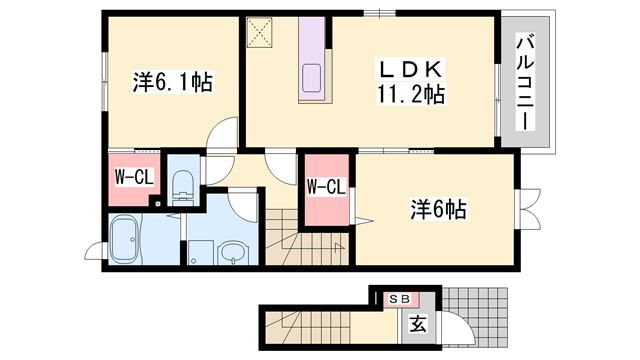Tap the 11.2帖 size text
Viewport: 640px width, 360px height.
point(410,95)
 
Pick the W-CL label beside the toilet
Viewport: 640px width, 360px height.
point(133,178)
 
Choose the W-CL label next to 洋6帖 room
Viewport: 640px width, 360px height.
point(326,186)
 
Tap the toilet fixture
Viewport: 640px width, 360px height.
point(183,183)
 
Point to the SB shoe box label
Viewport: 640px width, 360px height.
point(399,299)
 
